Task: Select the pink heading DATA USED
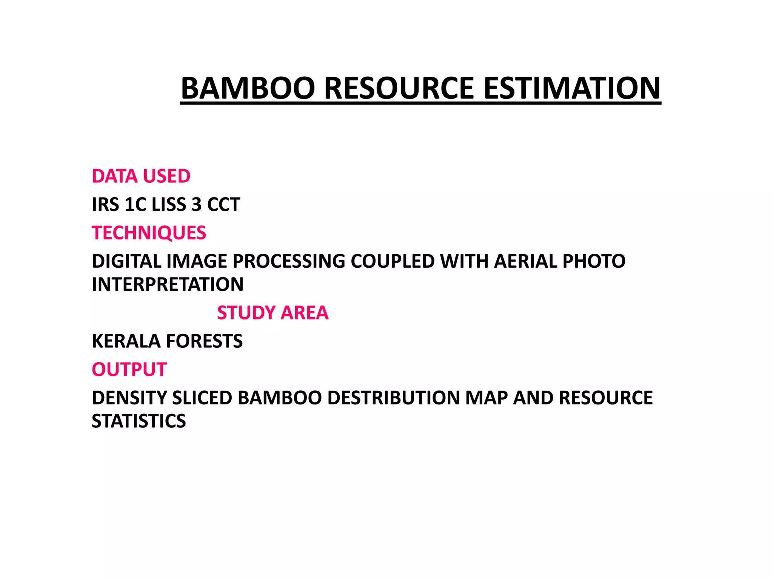[141, 176]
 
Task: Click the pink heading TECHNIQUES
[149, 233]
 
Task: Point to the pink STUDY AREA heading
[273, 313]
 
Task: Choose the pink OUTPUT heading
[129, 369]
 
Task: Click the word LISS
[169, 205]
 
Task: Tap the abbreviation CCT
[223, 205]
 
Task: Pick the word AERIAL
[525, 261]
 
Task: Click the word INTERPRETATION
[168, 284]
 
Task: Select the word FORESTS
[205, 341]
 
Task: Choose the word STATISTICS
[139, 421]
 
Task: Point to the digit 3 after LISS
[197, 205]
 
